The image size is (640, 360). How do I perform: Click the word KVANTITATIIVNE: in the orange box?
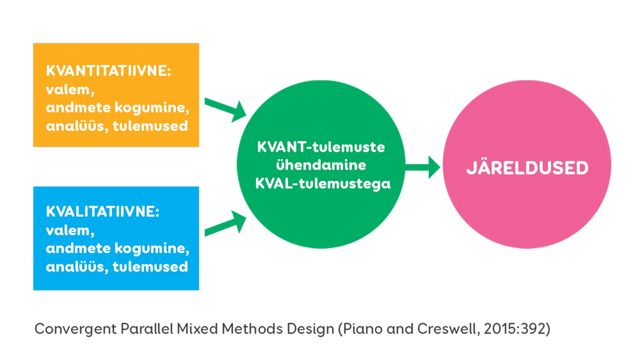coord(109,71)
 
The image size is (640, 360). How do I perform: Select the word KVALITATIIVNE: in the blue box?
coord(102,212)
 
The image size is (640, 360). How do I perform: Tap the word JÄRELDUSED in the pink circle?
coord(527,168)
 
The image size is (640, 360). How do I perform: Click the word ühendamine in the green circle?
coord(321,165)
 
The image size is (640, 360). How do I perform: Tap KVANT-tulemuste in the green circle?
coord(321,147)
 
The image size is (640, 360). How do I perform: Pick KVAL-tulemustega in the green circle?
coord(323,184)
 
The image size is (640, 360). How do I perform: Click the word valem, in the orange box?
coord(70,90)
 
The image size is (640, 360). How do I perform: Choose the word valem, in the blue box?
coord(70,230)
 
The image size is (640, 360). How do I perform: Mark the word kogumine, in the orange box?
coord(152,108)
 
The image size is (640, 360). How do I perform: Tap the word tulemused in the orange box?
coord(150,126)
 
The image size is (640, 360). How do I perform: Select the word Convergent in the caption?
coord(75,329)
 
